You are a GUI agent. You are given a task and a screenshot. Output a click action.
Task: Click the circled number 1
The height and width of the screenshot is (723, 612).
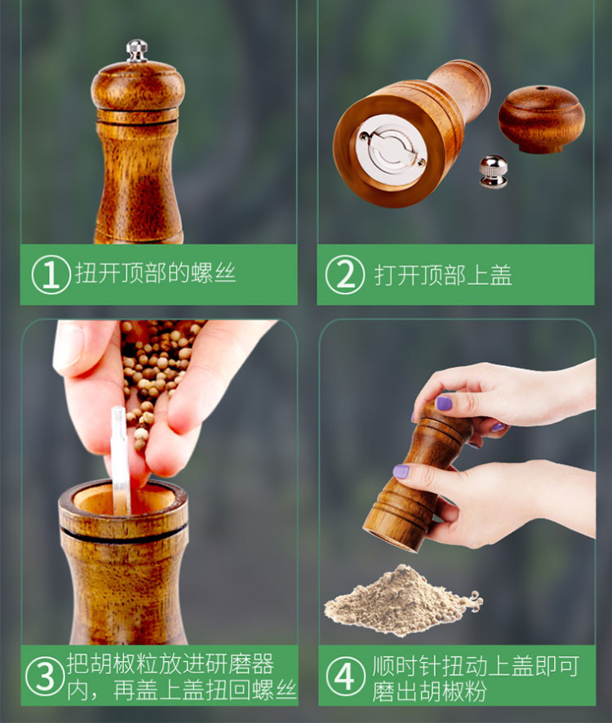(x=51, y=275)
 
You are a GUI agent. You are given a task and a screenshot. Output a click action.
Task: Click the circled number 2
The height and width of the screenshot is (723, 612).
(x=345, y=275)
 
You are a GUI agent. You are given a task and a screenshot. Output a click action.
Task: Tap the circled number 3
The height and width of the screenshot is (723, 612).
(x=45, y=677)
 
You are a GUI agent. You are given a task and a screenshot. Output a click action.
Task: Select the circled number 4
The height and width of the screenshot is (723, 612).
(x=345, y=677)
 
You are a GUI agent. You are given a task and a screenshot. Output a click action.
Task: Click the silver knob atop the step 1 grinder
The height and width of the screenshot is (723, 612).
(x=136, y=51)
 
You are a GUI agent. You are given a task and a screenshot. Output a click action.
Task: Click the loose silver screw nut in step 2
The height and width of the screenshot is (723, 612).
(x=493, y=171)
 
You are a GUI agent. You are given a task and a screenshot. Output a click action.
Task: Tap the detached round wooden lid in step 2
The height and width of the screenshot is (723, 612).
(x=541, y=118)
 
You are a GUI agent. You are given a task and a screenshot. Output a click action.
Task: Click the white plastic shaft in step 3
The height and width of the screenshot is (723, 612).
(x=120, y=461)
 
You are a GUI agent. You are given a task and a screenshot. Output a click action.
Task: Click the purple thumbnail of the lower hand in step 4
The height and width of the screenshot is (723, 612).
(x=401, y=471)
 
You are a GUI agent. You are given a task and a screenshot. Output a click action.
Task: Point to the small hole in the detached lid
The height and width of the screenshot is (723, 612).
(x=541, y=88)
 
